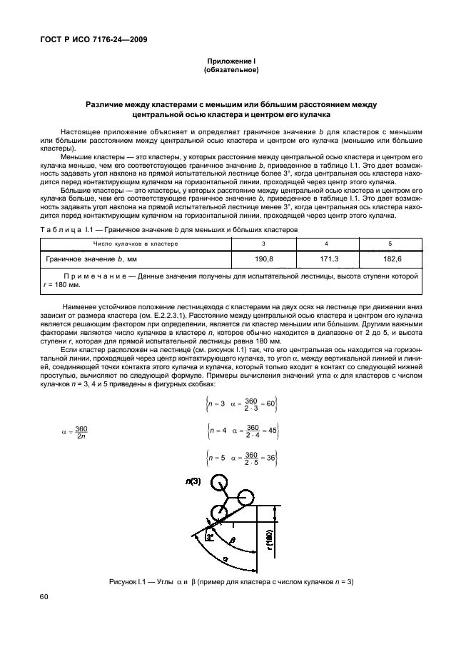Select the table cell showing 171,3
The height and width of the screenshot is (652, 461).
[330, 259]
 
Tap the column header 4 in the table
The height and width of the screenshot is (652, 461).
[326, 244]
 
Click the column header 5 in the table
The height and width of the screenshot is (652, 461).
[390, 244]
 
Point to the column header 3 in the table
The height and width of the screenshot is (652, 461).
[263, 244]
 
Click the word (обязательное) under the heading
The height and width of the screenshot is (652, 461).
[231, 71]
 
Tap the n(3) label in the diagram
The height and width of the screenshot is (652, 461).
[193, 482]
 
